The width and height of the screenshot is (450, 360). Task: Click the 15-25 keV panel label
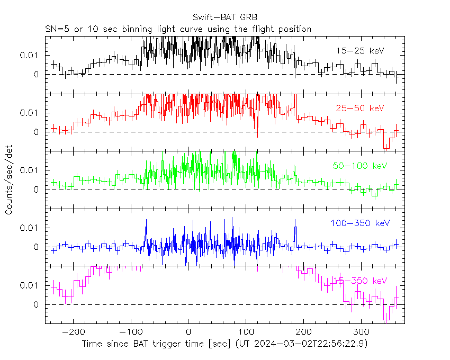pos(359,51)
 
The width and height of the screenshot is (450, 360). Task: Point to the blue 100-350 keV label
pos(360,223)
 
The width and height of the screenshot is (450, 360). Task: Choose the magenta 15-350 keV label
pos(360,281)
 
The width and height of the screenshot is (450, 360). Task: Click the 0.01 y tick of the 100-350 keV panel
pos(30,228)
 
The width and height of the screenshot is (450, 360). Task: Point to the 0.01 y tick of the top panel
pos(30,55)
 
